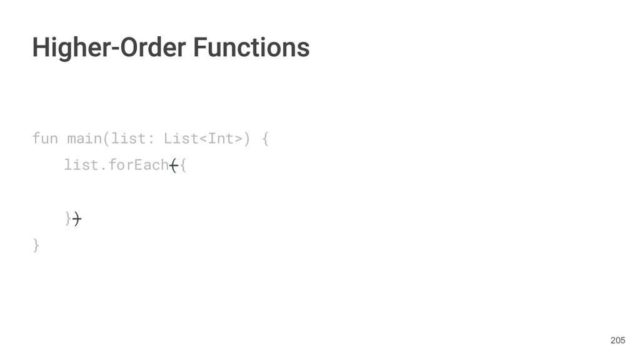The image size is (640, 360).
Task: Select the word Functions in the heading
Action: (x=251, y=47)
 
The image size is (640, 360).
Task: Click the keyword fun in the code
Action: (x=44, y=138)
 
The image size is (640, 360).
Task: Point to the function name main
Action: (x=84, y=138)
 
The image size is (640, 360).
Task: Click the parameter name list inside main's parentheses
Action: (x=124, y=138)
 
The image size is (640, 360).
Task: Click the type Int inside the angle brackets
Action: (x=220, y=138)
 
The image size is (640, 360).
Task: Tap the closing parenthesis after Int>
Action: (x=247, y=138)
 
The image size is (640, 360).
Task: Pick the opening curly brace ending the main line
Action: (x=265, y=138)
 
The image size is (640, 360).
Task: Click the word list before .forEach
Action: (x=80, y=165)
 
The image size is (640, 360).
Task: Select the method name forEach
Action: (x=137, y=165)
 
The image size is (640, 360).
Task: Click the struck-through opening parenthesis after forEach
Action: (x=173, y=165)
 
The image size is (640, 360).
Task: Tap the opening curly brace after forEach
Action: (x=182, y=165)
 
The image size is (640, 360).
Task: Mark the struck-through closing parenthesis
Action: (x=76, y=219)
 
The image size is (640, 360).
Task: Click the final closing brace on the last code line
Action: (x=36, y=246)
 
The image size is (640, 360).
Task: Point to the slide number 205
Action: (x=617, y=340)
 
